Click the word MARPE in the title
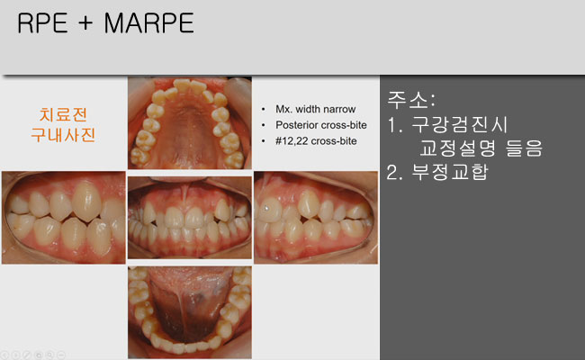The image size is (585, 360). pyautogui.click(x=148, y=23)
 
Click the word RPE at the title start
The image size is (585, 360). pyautogui.click(x=42, y=23)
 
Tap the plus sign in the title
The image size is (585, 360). pyautogui.click(x=85, y=23)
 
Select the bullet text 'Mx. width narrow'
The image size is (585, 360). pyautogui.click(x=315, y=109)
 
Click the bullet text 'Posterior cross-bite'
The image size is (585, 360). pyautogui.click(x=321, y=125)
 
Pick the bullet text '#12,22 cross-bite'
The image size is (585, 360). pyautogui.click(x=316, y=141)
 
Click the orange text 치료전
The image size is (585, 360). pyautogui.click(x=63, y=115)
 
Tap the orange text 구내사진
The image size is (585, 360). pyautogui.click(x=63, y=135)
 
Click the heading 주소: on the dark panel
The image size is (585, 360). pyautogui.click(x=410, y=100)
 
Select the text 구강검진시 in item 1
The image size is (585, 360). pyautogui.click(x=459, y=124)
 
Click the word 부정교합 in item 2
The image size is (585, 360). pyautogui.click(x=450, y=172)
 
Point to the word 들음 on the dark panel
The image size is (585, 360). pyautogui.click(x=524, y=148)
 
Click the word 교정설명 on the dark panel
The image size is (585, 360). pyautogui.click(x=457, y=148)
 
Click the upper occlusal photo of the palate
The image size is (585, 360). pyautogui.click(x=190, y=123)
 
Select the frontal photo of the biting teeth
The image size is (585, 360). pyautogui.click(x=190, y=218)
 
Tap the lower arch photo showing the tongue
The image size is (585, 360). pyautogui.click(x=190, y=312)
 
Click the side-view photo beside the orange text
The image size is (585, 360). pyautogui.click(x=63, y=218)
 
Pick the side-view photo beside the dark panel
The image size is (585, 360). pyautogui.click(x=316, y=218)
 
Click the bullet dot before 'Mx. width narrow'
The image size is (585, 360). pyautogui.click(x=264, y=109)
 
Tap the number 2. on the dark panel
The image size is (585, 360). pyautogui.click(x=395, y=173)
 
